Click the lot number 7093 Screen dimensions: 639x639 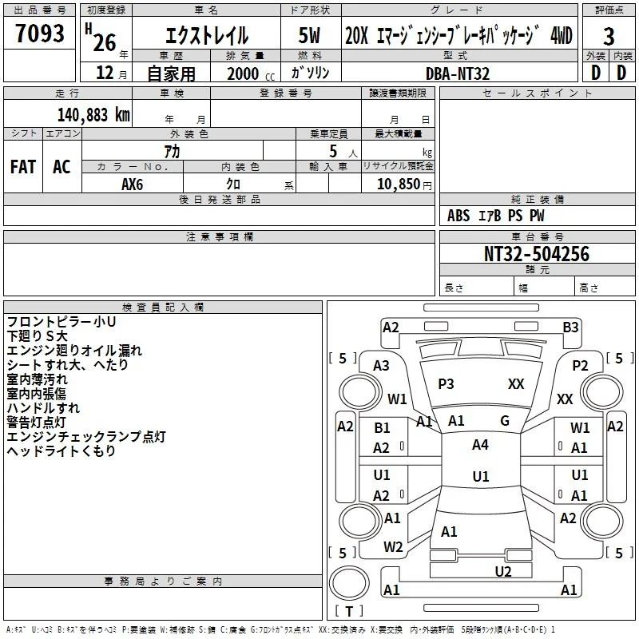[40, 33]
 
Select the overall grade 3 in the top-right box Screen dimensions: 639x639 [609, 36]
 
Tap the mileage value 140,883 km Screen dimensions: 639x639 [93, 115]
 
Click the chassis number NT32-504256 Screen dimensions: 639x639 [536, 253]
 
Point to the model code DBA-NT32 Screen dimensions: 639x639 [457, 73]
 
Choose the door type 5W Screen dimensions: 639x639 [309, 35]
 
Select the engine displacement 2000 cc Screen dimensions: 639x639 [251, 73]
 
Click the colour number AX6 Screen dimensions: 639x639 [132, 185]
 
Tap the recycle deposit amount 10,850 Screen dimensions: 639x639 [399, 184]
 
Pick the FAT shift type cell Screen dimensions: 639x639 [23, 167]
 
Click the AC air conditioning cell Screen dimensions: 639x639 [62, 167]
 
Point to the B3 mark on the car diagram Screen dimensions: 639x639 [570, 327]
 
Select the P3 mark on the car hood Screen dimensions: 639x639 [446, 384]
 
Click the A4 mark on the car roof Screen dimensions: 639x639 [480, 445]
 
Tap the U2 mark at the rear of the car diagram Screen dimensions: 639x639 [503, 572]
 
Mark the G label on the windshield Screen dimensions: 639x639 [505, 421]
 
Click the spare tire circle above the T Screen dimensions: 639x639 [349, 583]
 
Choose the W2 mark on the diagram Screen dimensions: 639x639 [393, 547]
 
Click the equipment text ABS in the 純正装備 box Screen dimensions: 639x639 [458, 216]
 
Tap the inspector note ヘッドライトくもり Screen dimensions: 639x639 [62, 450]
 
